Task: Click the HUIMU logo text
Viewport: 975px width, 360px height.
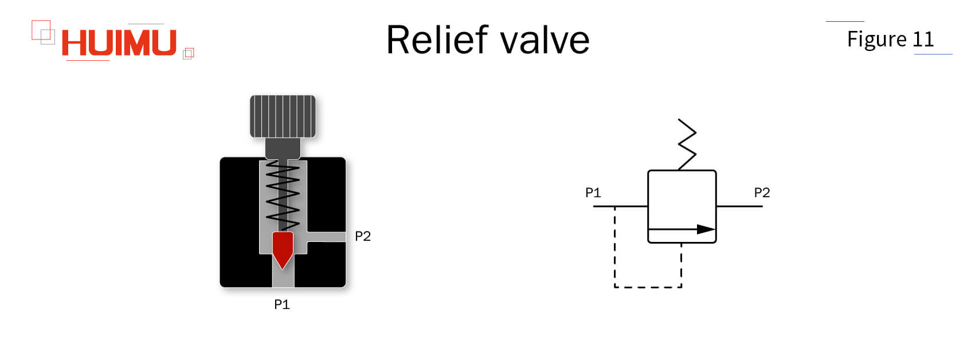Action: (x=119, y=43)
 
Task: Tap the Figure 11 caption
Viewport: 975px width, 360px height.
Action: (x=890, y=39)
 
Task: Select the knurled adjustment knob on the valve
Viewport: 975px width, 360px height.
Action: (x=283, y=116)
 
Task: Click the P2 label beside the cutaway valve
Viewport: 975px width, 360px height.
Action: (x=362, y=236)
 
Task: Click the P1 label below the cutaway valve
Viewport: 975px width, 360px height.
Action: (x=281, y=304)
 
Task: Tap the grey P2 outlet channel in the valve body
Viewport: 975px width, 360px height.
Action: (x=327, y=237)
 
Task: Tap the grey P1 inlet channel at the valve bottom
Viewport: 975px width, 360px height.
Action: (x=283, y=278)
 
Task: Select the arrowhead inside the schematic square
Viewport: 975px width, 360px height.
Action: (x=706, y=229)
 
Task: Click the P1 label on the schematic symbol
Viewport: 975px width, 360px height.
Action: (x=593, y=193)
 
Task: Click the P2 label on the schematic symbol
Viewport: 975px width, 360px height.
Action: (x=761, y=193)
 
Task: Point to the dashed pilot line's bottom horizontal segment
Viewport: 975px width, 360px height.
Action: (x=648, y=287)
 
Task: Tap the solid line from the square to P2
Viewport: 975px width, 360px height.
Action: (x=739, y=206)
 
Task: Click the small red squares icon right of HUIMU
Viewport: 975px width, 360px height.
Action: (x=188, y=53)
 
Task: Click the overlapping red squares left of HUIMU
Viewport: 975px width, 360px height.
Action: (x=43, y=32)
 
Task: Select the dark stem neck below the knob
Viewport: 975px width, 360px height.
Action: (x=283, y=149)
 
